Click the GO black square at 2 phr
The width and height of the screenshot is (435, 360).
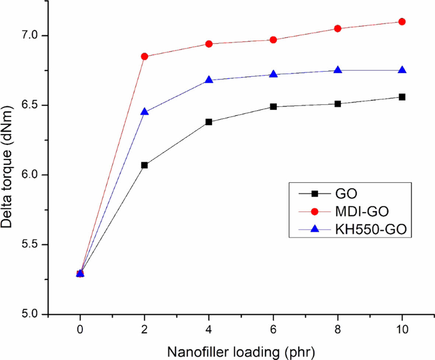144,165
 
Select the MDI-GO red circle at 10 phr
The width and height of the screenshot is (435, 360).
402,22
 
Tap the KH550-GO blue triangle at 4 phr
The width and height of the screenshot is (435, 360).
209,80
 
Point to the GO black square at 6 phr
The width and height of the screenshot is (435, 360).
273,107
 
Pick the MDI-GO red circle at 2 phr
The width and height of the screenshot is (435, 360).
144,56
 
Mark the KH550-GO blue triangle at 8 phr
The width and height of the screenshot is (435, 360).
338,70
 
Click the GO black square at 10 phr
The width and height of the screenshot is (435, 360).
402,97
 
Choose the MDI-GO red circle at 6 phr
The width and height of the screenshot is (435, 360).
273,40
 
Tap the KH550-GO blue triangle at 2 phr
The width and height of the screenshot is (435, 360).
144,112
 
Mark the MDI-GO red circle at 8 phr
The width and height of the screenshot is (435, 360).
338,29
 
